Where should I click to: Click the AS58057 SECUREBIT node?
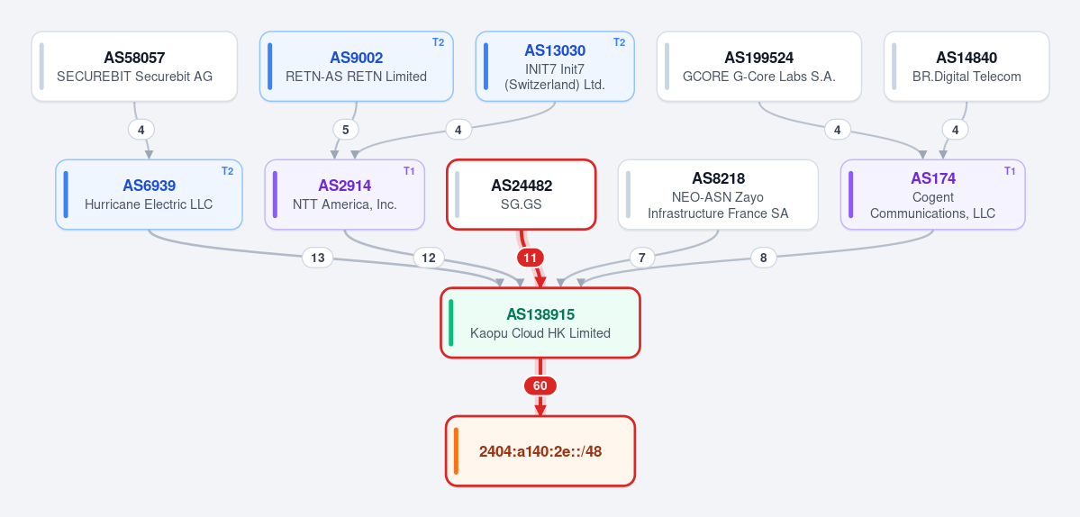(134, 66)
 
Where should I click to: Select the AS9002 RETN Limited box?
(356, 66)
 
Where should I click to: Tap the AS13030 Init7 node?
(555, 66)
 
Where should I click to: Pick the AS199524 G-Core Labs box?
(759, 66)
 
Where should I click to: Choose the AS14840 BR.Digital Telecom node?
(967, 66)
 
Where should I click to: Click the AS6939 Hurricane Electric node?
(149, 195)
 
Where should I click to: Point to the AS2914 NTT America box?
(344, 195)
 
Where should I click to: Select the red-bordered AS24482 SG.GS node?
(522, 195)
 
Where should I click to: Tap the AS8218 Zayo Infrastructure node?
(718, 195)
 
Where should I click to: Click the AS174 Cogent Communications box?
(932, 195)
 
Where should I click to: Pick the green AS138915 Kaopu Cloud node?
(540, 322)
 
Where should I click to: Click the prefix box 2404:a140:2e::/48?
(540, 451)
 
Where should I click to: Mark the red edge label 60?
(540, 386)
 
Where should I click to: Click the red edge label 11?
(530, 258)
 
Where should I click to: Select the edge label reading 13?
(318, 258)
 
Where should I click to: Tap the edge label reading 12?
(429, 258)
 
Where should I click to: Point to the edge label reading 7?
(642, 258)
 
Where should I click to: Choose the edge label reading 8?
(763, 258)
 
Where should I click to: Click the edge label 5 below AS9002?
(346, 130)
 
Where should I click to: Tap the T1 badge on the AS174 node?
(1010, 171)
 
